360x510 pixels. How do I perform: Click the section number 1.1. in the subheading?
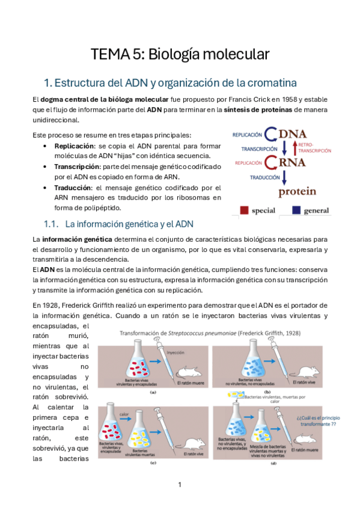click(51, 224)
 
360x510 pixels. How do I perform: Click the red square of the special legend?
click(245, 210)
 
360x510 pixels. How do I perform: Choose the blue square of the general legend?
click(297, 210)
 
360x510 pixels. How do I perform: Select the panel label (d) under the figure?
click(275, 463)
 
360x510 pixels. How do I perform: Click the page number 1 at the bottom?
click(180, 484)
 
